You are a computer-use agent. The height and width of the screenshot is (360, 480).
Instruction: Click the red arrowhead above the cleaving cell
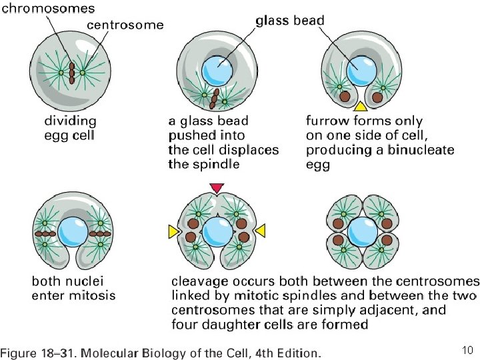click(x=217, y=188)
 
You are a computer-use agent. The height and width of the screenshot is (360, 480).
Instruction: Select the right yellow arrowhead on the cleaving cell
click(x=261, y=230)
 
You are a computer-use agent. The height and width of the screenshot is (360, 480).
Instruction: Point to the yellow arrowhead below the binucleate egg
click(x=360, y=106)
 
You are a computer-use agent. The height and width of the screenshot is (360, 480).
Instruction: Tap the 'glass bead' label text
click(x=290, y=21)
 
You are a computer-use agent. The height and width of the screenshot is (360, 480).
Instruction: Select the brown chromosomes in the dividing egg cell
click(x=71, y=71)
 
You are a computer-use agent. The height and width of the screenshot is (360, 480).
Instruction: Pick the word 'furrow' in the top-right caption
click(x=327, y=121)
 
